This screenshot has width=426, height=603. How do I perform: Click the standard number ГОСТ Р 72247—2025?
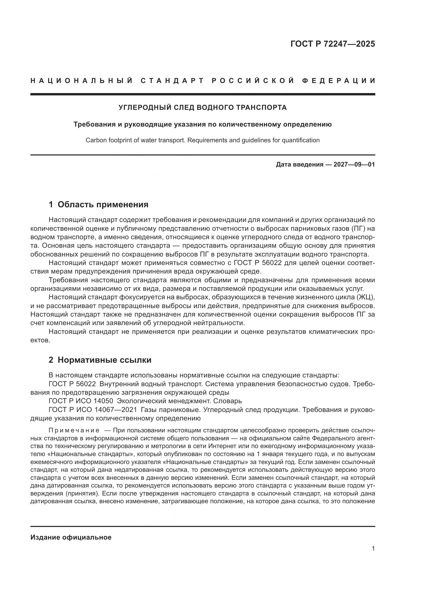coord(332,44)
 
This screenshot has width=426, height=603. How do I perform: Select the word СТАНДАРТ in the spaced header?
coord(172,81)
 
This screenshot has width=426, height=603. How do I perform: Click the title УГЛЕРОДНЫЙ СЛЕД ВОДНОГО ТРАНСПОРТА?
coord(202,108)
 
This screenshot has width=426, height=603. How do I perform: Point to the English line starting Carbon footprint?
coord(202,140)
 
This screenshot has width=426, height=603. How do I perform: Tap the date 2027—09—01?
coord(354,165)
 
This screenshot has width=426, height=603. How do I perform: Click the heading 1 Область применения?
coord(98,204)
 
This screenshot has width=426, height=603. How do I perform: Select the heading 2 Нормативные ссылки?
coord(100,360)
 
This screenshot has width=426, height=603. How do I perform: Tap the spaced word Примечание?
coord(74,431)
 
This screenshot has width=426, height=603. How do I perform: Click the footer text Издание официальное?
coord(71,537)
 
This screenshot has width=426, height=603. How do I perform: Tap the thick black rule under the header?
coord(202,94)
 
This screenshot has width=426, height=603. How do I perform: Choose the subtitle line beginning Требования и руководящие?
coord(202,124)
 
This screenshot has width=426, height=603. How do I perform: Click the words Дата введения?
coord(300,165)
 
